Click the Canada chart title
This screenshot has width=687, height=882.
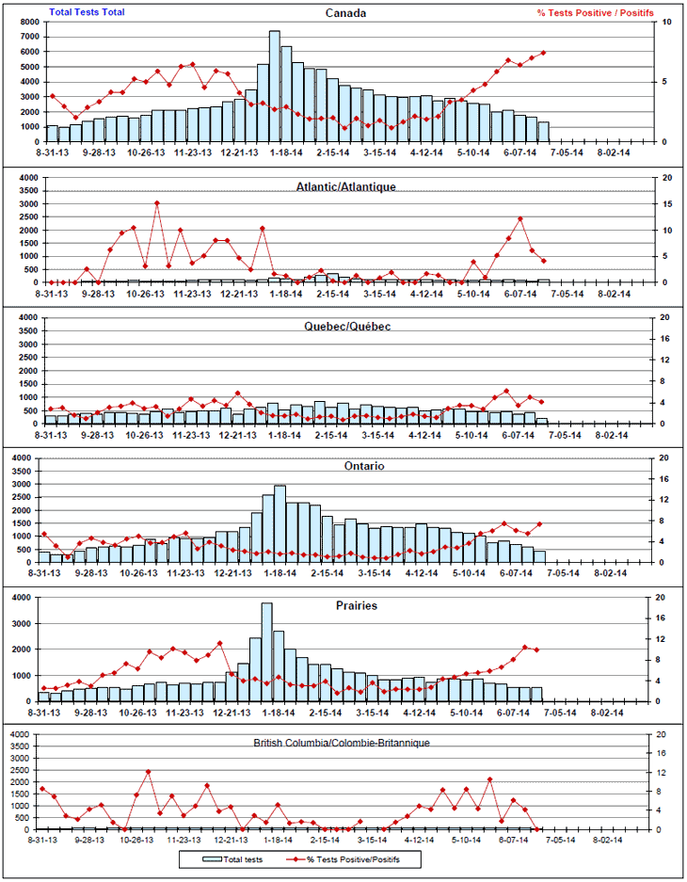344,13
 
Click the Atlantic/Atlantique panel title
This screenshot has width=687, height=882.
344,186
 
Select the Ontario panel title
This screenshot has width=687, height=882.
344,466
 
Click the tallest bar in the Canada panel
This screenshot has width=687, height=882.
274,85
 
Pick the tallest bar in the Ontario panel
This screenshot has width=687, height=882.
280,523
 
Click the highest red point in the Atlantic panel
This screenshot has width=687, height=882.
156,202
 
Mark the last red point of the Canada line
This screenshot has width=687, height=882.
543,53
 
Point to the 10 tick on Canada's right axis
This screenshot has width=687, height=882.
667,22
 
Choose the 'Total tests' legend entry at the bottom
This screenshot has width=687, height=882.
232,859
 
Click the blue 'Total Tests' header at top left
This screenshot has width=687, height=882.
87,12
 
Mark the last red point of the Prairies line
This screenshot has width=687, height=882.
537,649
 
